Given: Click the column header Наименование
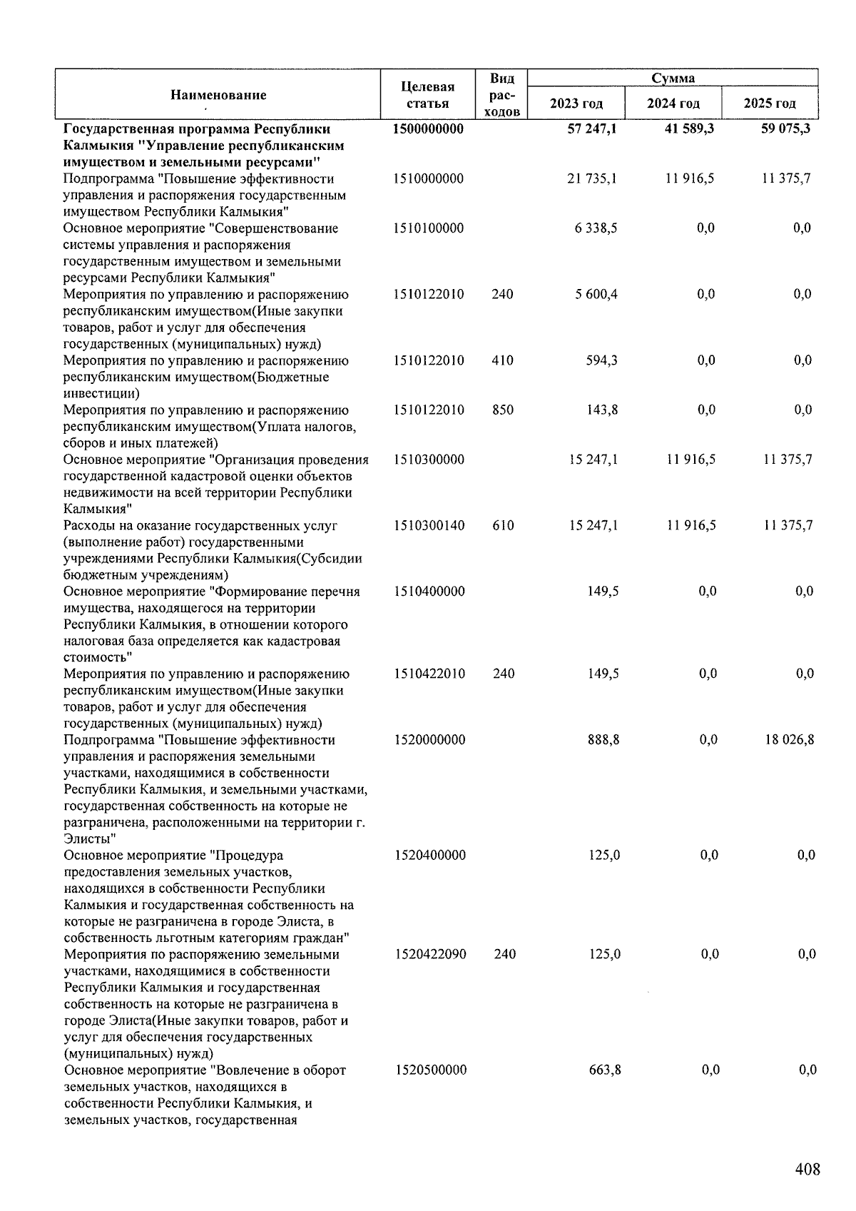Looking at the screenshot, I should [218, 95].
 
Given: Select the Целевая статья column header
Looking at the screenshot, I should [428, 95].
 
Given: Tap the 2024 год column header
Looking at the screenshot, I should [673, 103].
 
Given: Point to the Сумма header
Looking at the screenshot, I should [673, 78].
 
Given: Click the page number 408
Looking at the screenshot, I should [807, 1169].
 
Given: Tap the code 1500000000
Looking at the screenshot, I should [428, 129].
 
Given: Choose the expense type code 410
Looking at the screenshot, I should [502, 360].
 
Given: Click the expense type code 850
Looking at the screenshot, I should [503, 410].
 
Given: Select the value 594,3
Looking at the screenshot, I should [602, 360].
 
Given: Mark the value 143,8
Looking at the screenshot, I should [603, 410].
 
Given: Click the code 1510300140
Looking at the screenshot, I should [429, 525].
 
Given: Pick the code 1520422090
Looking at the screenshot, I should [430, 954].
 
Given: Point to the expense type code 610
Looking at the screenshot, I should [503, 525].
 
